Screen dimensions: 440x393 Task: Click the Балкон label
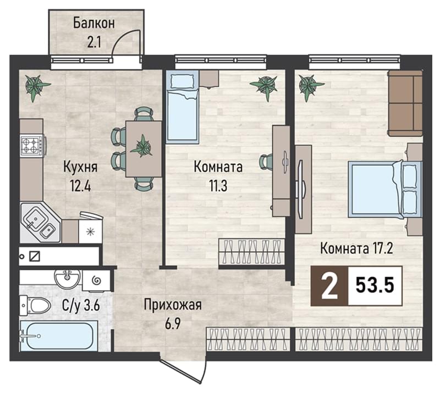pyautogui.click(x=94, y=23)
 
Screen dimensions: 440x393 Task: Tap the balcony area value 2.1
pyautogui.click(x=94, y=43)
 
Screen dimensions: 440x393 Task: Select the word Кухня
pyautogui.click(x=80, y=167)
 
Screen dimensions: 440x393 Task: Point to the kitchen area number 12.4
pyautogui.click(x=80, y=185)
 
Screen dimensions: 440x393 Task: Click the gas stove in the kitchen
pyautogui.click(x=32, y=145)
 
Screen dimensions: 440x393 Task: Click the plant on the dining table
pyautogui.click(x=142, y=146)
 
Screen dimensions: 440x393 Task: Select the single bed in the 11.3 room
pyautogui.click(x=183, y=107)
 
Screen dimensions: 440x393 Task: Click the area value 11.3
pyautogui.click(x=218, y=185)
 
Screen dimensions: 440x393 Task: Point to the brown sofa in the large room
pyautogui.click(x=405, y=103)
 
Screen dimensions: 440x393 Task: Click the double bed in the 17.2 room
pyautogui.click(x=385, y=189)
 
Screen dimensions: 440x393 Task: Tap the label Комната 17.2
pyautogui.click(x=356, y=248)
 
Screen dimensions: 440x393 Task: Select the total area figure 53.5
pyautogui.click(x=375, y=286)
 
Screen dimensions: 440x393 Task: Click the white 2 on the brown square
pyautogui.click(x=329, y=286)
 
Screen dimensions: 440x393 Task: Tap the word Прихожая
pyautogui.click(x=173, y=305)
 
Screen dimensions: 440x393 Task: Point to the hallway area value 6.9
pyautogui.click(x=172, y=324)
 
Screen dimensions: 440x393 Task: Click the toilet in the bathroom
pyautogui.click(x=35, y=305)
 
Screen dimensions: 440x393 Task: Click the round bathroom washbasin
pyautogui.click(x=67, y=278)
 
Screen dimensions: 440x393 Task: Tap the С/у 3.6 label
pyautogui.click(x=81, y=306)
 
